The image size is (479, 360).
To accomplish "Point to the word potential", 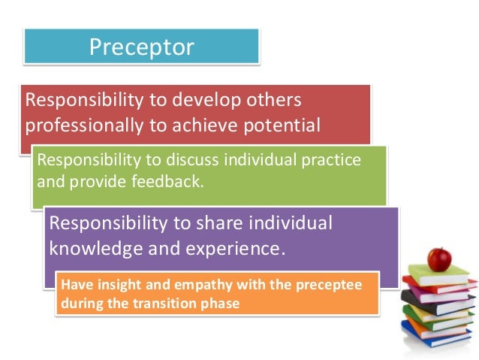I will point(282,124).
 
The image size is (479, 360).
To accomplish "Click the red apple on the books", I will point(439,259).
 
